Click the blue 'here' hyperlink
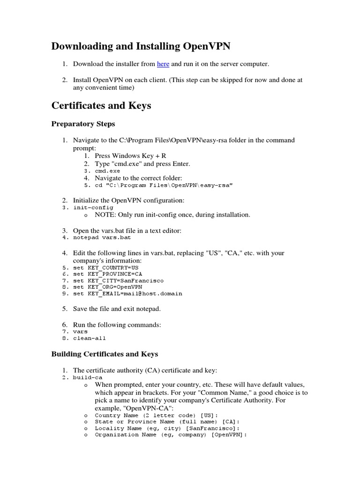tap(163, 64)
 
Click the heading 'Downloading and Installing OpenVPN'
tap(141, 46)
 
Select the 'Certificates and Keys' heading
tap(101, 105)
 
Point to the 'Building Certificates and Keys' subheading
tap(105, 354)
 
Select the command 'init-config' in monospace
tap(93, 207)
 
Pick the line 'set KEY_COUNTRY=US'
tap(105, 268)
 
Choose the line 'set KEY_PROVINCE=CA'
tap(107, 274)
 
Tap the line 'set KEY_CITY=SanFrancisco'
tap(118, 280)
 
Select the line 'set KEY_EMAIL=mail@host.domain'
tap(127, 293)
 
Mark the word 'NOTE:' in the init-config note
tap(105, 215)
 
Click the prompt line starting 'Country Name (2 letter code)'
tap(150, 415)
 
